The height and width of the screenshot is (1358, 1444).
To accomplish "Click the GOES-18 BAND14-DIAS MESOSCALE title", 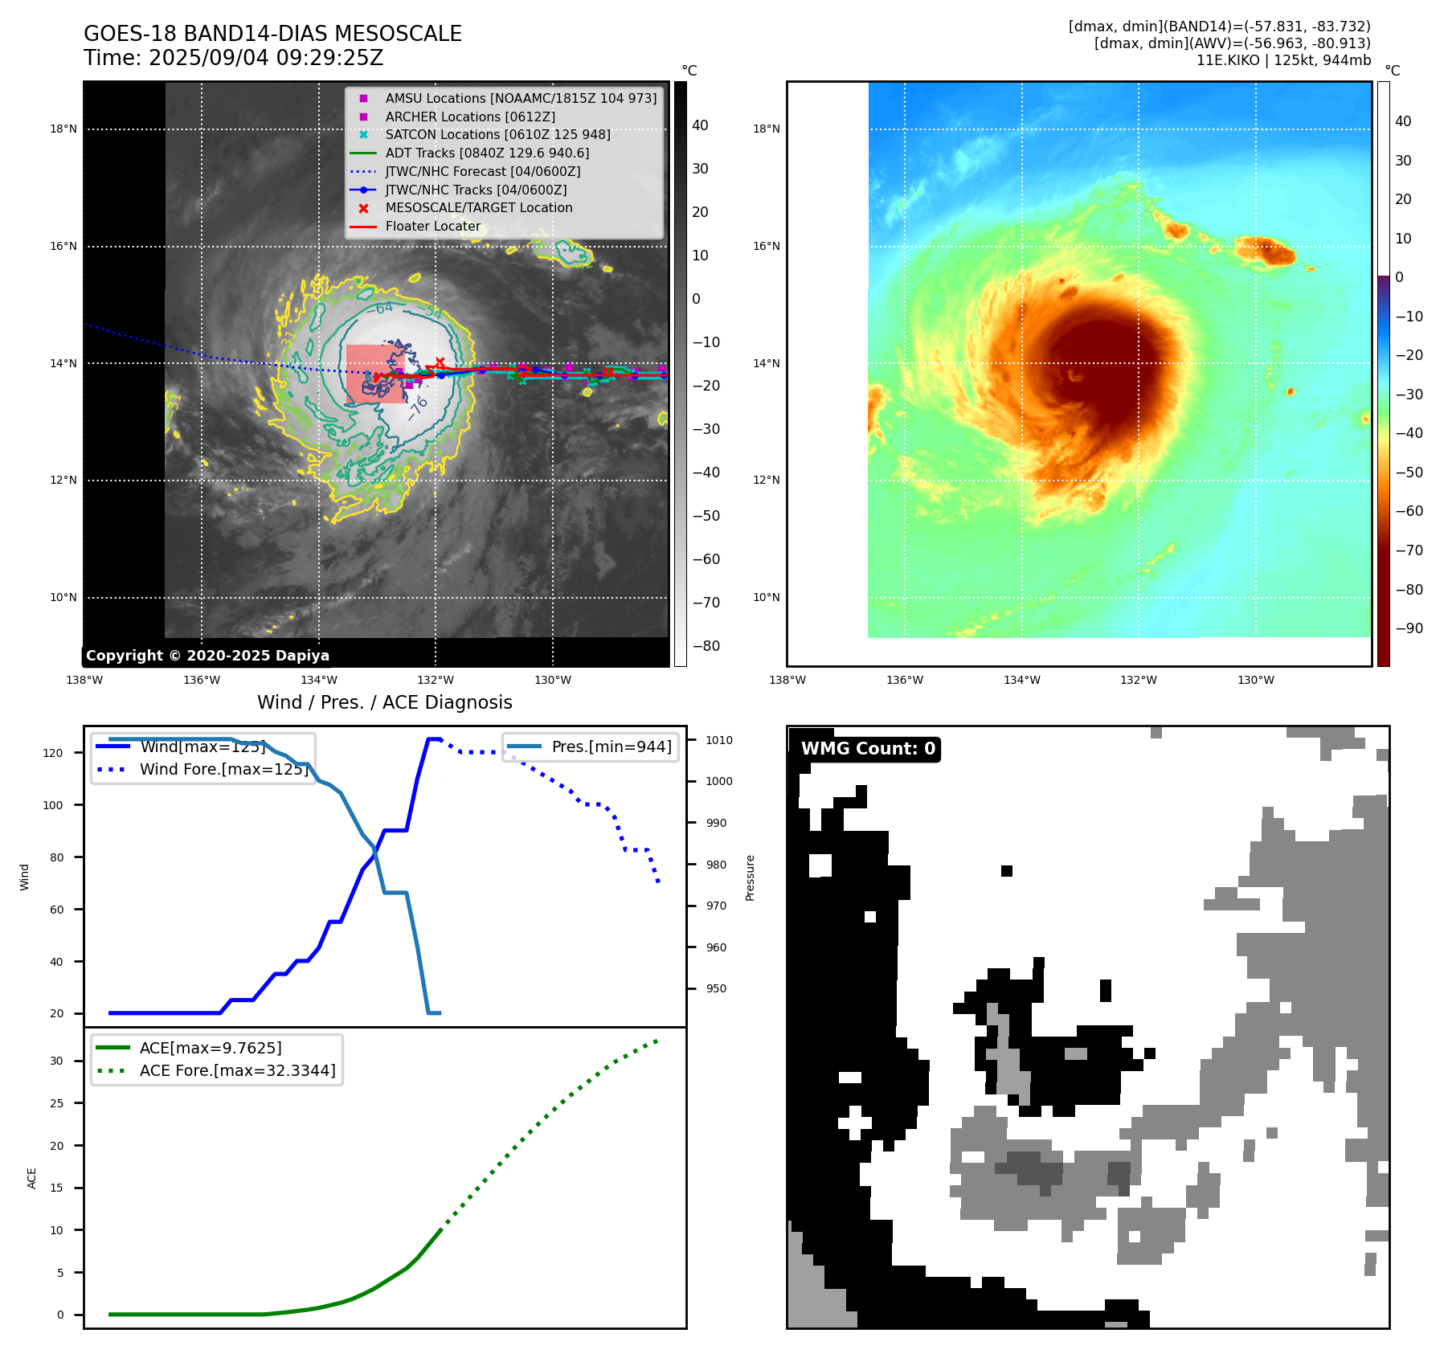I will point(272,34).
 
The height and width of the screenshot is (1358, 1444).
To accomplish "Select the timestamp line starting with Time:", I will point(233,58).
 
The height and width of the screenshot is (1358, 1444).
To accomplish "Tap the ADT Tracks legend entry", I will point(487,153).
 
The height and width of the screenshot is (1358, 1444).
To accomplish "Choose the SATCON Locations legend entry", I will point(497,134).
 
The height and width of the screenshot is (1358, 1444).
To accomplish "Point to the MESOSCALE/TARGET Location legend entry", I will point(478,207).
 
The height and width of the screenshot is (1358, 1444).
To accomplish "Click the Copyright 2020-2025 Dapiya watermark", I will point(207,656).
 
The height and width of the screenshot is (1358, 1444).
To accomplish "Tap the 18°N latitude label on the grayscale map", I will point(63,129).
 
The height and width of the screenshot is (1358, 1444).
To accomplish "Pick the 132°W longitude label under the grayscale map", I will point(436,680).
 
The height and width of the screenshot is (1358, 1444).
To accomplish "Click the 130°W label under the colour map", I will point(1255,680).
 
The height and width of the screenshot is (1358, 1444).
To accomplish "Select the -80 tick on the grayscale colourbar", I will point(706,645).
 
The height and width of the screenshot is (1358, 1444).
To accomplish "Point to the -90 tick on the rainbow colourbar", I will point(1409,628).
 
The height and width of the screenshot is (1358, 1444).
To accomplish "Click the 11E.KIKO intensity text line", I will point(1283,60).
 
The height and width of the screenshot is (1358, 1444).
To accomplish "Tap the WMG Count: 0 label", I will point(868,749).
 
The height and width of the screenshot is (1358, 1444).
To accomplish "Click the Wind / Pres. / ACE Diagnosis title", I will point(384,702).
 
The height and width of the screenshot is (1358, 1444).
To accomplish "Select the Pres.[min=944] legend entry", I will point(611,746).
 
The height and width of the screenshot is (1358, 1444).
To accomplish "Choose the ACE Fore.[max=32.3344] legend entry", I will point(237,1070).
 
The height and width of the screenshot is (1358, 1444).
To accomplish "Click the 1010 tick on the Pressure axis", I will point(719,740).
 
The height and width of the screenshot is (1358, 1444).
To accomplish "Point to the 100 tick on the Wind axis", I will point(53,805).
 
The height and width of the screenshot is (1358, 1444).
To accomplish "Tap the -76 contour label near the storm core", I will point(417,407).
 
